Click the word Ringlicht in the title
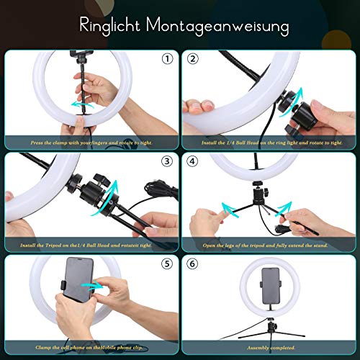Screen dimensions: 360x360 (x=109, y=27)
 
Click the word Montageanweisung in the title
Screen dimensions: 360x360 (x=220, y=27)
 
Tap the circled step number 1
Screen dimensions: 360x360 (x=168, y=59)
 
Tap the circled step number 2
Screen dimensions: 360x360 (x=192, y=59)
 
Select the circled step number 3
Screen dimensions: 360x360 (x=168, y=161)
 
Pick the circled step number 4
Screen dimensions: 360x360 (x=192, y=161)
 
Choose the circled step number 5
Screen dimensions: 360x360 (x=168, y=264)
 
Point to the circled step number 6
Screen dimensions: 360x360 (x=192, y=264)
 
